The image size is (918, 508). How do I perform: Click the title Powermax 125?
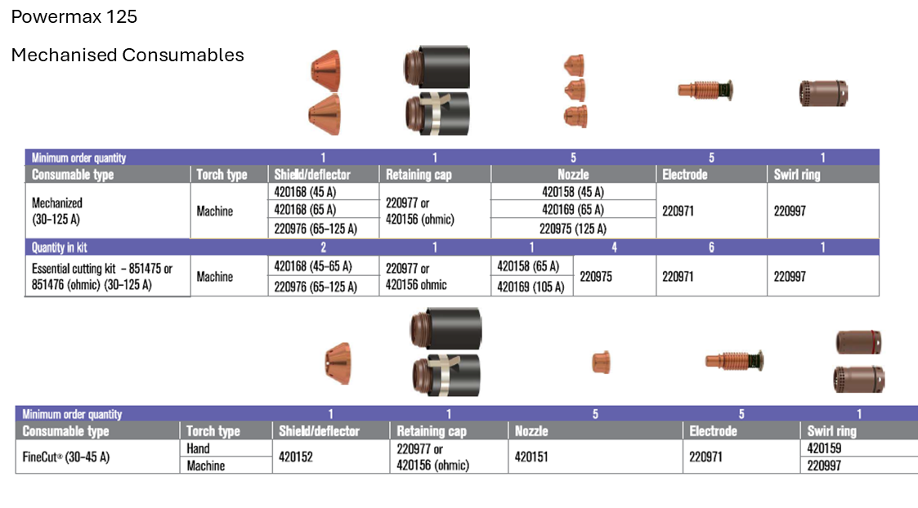point(74,16)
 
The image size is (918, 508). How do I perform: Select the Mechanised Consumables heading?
point(127,55)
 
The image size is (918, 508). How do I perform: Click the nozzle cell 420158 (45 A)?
point(572,192)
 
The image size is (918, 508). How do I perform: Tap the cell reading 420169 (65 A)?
point(572,210)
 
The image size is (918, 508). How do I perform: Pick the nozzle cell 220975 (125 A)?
point(572,228)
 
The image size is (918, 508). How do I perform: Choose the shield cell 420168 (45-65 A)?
point(312,266)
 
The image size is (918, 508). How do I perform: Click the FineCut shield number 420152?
point(296,457)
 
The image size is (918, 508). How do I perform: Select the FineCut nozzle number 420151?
point(531,457)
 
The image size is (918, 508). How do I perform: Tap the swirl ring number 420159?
point(824,448)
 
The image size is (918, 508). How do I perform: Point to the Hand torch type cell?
point(198,448)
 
